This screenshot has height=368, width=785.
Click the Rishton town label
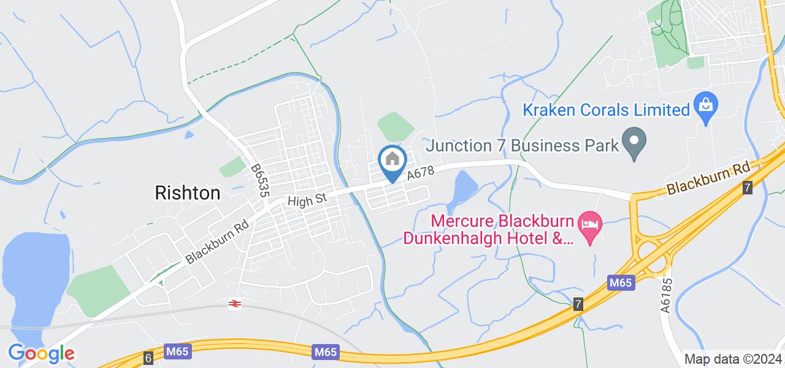pos(187,193)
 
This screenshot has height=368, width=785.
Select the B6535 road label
pos(260,180)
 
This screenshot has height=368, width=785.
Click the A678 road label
pos(420,174)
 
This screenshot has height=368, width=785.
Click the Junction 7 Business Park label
pos(521,146)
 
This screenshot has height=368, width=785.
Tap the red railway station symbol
pos(234,303)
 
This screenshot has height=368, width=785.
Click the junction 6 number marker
pos(148,357)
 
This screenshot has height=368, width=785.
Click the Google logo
pos(41,353)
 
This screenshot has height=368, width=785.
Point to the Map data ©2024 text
pos(732,359)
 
